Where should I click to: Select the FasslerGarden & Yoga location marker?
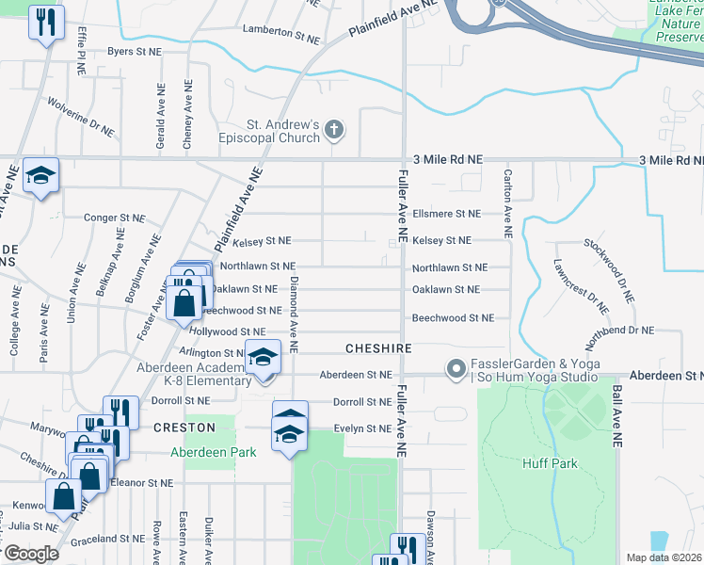coord(456,368)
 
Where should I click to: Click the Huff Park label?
coord(551,463)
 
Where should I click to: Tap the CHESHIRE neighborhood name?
coord(378,348)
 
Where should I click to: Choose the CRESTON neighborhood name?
coord(184,428)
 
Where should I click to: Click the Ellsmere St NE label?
coord(446,214)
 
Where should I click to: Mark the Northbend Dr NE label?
coord(619,331)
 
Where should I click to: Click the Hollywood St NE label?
coord(228,332)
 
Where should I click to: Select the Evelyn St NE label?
coord(363,429)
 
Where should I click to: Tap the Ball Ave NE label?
coord(616,414)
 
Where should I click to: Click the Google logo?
coord(30,554)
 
